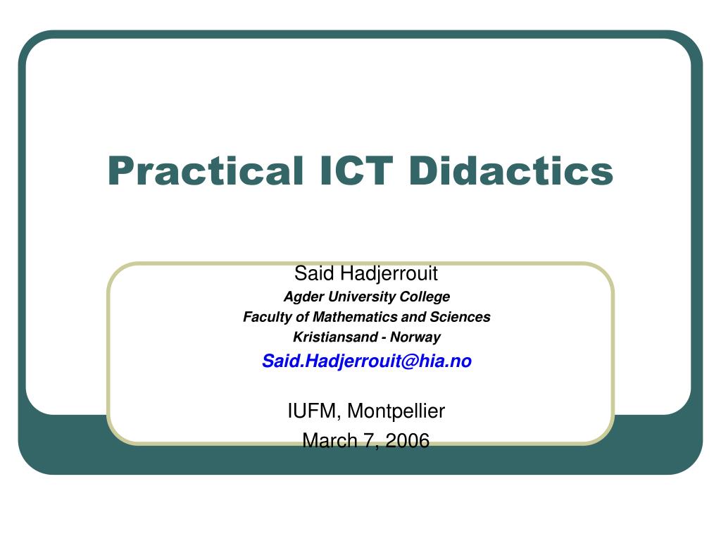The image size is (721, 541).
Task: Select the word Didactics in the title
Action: click(x=510, y=171)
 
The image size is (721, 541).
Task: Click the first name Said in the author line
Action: click(x=313, y=273)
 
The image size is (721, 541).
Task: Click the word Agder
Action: click(x=300, y=296)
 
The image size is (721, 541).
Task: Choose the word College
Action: click(x=427, y=296)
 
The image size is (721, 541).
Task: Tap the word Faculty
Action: click(x=266, y=317)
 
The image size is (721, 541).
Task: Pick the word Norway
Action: click(x=416, y=337)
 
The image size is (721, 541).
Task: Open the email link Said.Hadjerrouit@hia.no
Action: click(x=367, y=361)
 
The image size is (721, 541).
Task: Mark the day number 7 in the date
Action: click(x=368, y=441)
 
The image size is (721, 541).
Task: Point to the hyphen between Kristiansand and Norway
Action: click(x=387, y=337)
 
